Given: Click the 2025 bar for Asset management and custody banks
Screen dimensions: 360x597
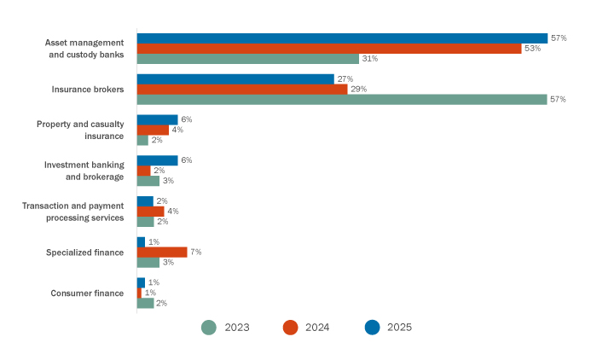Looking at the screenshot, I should [341, 38].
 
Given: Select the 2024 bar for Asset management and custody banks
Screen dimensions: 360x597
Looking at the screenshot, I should [328, 49].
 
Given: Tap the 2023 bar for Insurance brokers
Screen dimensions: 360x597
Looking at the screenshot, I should [341, 99].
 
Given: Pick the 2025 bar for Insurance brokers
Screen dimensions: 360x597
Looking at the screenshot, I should [235, 78].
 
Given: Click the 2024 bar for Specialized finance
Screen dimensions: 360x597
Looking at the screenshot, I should [161, 252].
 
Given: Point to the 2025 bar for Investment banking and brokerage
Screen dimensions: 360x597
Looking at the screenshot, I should [157, 160].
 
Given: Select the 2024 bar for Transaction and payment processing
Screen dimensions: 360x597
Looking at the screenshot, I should [150, 211].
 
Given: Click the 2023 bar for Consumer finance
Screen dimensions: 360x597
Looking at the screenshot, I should [145, 303].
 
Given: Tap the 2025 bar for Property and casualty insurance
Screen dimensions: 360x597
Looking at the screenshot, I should [157, 119].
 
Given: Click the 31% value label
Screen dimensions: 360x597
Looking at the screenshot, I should [369, 59].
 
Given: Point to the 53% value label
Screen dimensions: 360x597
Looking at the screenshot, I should [532, 49].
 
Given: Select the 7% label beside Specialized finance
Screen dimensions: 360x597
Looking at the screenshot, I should [194, 252].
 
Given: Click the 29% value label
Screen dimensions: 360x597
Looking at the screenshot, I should [358, 89].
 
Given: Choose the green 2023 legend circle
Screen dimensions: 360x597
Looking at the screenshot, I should [208, 327].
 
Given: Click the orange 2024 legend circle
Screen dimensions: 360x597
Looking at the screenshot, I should [290, 327].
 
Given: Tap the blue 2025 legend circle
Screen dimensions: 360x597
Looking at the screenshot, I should [371, 327].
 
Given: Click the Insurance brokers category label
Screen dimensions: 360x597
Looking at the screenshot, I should [89, 89].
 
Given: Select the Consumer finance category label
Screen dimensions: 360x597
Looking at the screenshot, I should [87, 293].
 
